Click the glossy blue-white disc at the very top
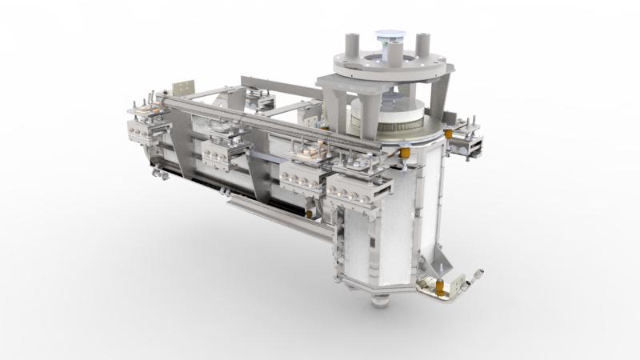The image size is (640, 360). (x=389, y=35)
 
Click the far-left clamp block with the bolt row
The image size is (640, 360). (x=146, y=127)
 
